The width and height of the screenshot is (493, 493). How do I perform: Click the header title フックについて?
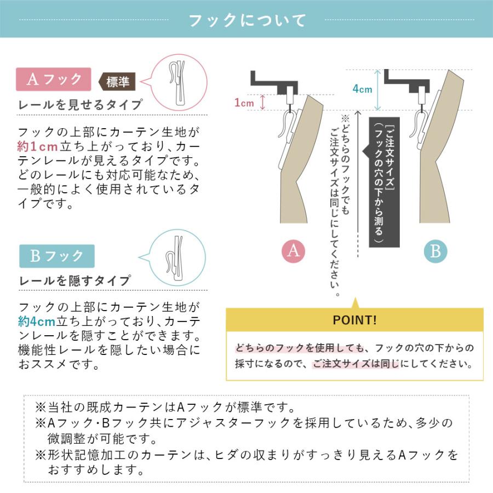246,21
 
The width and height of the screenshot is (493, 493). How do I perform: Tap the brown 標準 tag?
118,82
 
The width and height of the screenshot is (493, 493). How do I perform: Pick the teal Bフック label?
56,256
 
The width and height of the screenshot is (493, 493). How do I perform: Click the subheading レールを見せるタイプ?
81,105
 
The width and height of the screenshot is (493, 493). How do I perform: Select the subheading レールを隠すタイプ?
75,281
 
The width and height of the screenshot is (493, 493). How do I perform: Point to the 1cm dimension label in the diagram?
244,102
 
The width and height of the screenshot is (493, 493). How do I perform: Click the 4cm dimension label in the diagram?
362,89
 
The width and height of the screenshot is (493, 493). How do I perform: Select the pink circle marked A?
294,251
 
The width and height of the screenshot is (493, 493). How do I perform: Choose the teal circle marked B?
435,251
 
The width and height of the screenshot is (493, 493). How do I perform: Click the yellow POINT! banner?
355,320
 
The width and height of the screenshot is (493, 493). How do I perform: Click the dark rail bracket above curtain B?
409,81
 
